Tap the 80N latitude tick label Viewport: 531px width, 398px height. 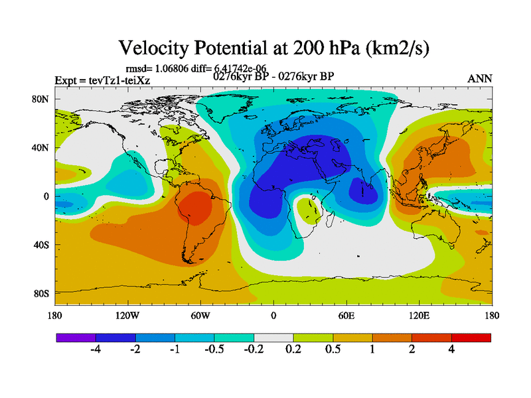(40, 99)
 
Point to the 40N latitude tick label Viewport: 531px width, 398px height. (40, 147)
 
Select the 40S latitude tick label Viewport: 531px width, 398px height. (40, 245)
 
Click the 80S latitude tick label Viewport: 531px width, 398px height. (40, 293)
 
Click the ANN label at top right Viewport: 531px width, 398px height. (480, 78)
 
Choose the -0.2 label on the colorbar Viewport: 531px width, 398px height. (254, 350)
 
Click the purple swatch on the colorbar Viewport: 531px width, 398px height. (76, 338)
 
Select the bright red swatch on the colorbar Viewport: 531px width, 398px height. (471, 338)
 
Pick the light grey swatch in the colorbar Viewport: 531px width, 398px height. (273, 338)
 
